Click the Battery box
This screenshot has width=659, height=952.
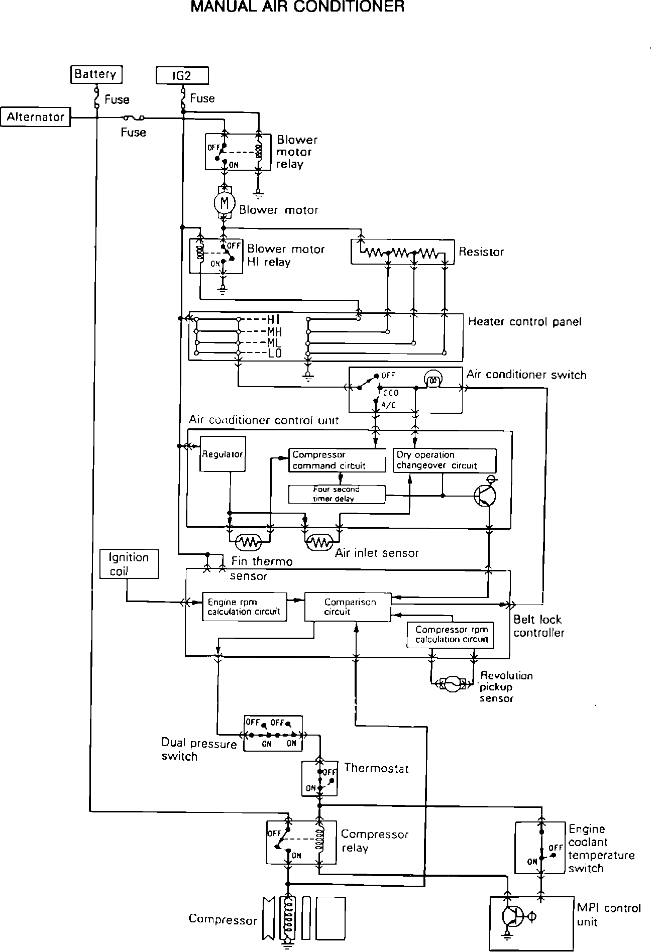click(x=96, y=74)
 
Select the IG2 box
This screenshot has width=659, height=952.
click(x=182, y=75)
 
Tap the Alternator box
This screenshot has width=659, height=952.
click(x=36, y=117)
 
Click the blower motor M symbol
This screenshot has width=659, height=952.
click(x=225, y=203)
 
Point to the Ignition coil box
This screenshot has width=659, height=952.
click(x=129, y=564)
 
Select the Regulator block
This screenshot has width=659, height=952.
click(x=223, y=454)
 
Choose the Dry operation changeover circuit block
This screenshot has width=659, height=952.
click(x=444, y=460)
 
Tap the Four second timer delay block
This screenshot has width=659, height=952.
click(x=337, y=494)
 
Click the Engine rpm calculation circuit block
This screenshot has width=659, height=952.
click(x=244, y=607)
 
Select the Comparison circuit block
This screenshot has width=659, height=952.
click(x=348, y=607)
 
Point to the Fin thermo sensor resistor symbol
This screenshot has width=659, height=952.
click(x=250, y=542)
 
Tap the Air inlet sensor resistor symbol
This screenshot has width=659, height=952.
click(x=319, y=542)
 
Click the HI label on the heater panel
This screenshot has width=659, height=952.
click(x=274, y=319)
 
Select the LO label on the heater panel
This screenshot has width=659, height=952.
click(x=275, y=353)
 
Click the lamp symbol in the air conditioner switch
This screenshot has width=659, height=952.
click(x=432, y=380)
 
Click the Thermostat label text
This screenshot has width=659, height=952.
click(x=376, y=768)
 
